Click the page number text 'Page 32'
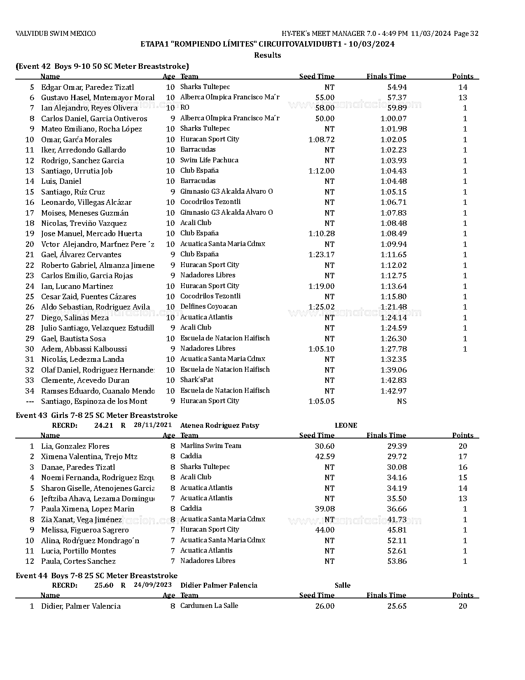(x=466, y=34)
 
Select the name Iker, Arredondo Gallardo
(x=84, y=150)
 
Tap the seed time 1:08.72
(x=321, y=140)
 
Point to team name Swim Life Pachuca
(x=209, y=160)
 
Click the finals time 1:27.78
(x=394, y=349)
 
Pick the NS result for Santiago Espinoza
(x=401, y=401)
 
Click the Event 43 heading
(x=96, y=415)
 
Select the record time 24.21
(x=103, y=426)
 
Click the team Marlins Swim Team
(x=211, y=446)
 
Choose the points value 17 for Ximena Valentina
(x=463, y=457)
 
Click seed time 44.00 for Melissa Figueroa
(x=325, y=530)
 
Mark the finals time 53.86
(x=397, y=561)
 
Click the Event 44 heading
(x=96, y=576)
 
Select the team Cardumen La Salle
(x=209, y=606)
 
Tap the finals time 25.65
(x=397, y=606)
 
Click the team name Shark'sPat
(x=197, y=380)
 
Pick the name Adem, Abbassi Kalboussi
(x=84, y=349)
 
